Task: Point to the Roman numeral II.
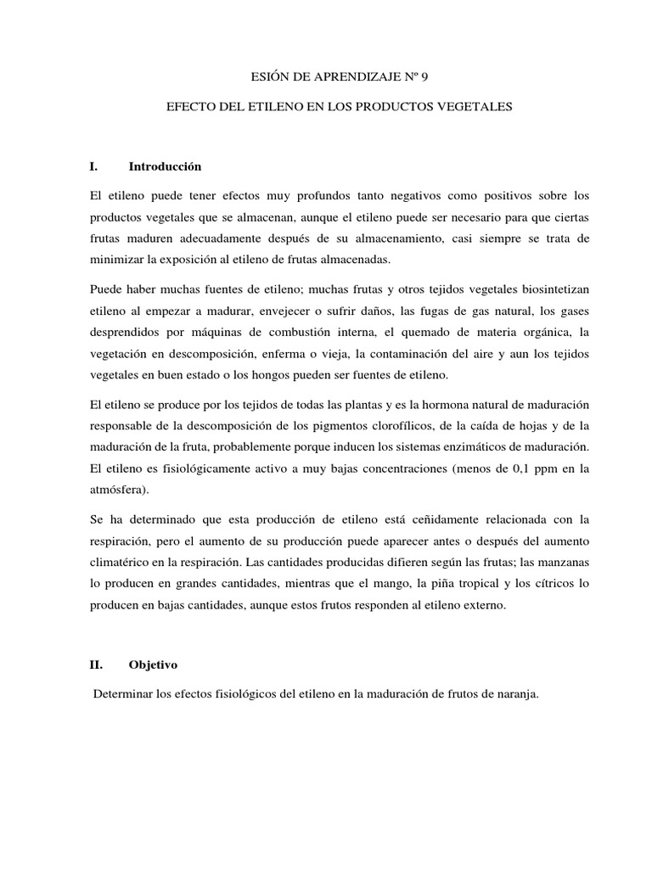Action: click(96, 666)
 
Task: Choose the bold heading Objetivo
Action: click(154, 666)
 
